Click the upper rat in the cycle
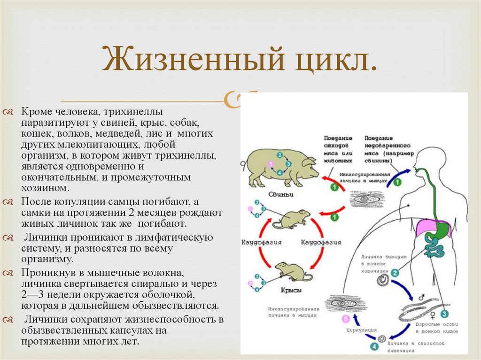pyautogui.click(x=291, y=219)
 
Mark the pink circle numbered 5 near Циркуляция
pyautogui.click(x=346, y=320)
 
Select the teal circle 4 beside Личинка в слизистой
pyautogui.click(x=374, y=347)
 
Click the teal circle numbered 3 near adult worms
pyautogui.click(x=444, y=314)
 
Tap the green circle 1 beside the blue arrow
pyautogui.click(x=398, y=182)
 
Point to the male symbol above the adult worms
pyautogui.click(x=421, y=298)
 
